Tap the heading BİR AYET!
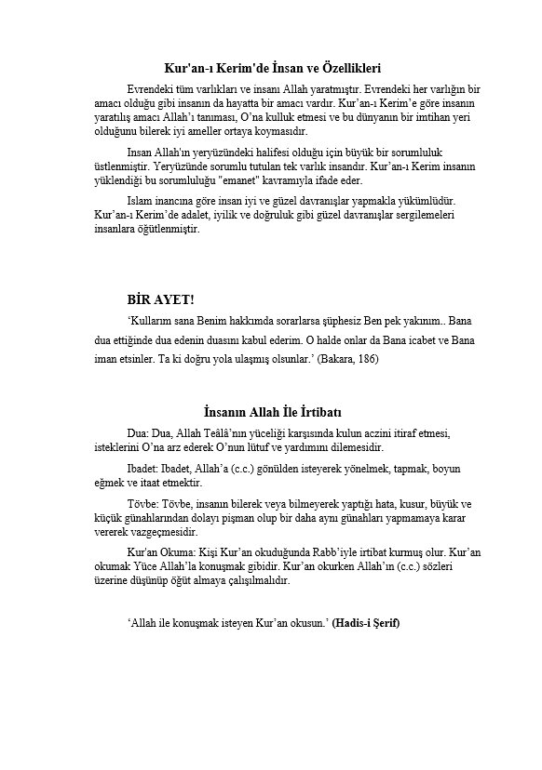161,299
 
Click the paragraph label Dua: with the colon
138,433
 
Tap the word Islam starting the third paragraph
141,226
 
